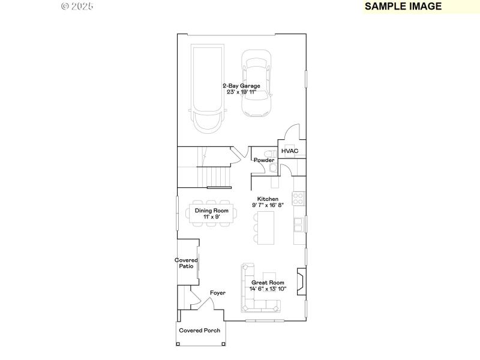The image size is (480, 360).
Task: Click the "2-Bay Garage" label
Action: point(241,86)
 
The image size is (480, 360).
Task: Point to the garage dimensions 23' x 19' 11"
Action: point(241,92)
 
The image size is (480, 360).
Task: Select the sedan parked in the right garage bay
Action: point(256,84)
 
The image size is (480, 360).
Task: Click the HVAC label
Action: point(290,151)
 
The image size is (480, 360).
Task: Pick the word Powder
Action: point(264,160)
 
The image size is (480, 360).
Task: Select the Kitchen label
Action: point(268,199)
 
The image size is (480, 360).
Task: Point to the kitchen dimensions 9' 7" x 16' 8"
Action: point(268,205)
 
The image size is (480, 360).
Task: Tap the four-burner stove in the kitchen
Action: point(298,197)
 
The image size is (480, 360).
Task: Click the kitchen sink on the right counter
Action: point(298,224)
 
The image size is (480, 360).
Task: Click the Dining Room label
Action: point(211,211)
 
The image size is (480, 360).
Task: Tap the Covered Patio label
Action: point(187,263)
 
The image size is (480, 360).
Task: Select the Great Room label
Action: point(268,282)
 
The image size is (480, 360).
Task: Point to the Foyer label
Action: point(217,293)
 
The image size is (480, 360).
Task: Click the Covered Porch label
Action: point(200,331)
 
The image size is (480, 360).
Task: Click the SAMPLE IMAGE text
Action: point(403,7)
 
